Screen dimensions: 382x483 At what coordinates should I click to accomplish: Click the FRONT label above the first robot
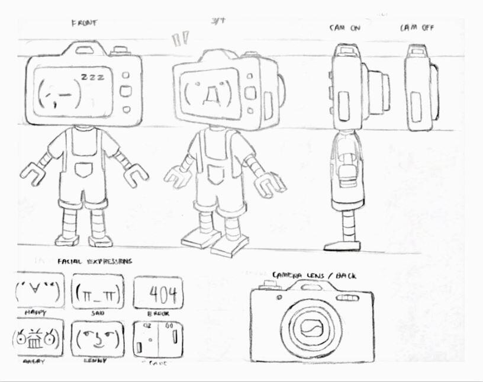pos(84,23)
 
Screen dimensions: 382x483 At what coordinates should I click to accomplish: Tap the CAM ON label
pos(345,27)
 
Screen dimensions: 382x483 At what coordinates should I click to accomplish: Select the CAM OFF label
pos(417,27)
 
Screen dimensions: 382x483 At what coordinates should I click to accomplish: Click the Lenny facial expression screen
pos(98,339)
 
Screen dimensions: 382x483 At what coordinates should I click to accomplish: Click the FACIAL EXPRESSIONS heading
pos(95,261)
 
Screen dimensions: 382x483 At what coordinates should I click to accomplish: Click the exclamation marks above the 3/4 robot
pos(180,40)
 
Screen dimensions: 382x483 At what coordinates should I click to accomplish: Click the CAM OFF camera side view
pos(420,89)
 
